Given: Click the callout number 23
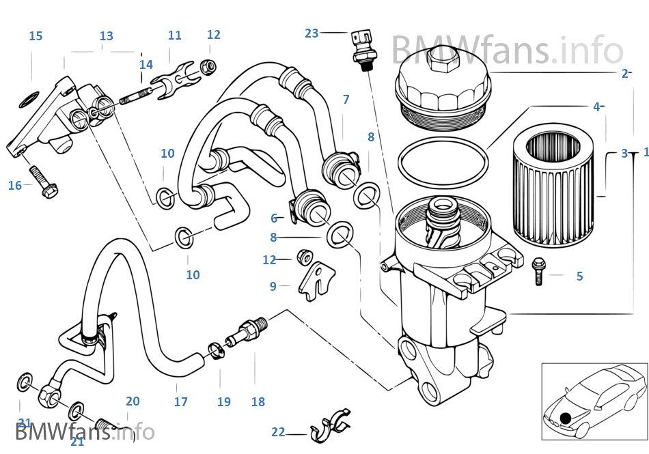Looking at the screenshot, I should click(312, 33).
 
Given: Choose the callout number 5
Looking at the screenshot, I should click(579, 276).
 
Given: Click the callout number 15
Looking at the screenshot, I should click(36, 36).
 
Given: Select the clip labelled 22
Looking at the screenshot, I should click(328, 425).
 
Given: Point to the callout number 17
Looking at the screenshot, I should click(180, 402).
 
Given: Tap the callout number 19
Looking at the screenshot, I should click(224, 402).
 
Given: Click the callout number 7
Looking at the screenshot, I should click(346, 100).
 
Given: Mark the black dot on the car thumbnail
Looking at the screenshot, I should click(566, 417).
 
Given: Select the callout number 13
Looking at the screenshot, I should click(106, 36).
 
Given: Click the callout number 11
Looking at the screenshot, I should click(174, 35).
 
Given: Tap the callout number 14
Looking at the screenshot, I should click(146, 65).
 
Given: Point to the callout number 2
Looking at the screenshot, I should click(624, 74).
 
